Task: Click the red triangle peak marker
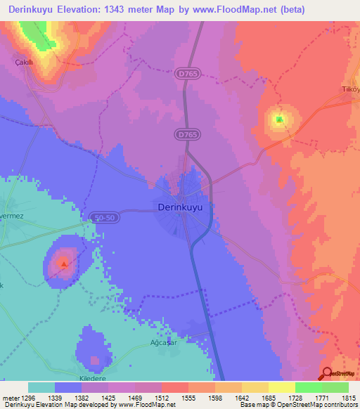point(64,265)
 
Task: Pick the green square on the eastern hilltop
point(279,119)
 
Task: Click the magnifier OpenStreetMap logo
point(327,374)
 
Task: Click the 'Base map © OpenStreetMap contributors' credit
point(297,405)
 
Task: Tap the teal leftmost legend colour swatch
point(41,387)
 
